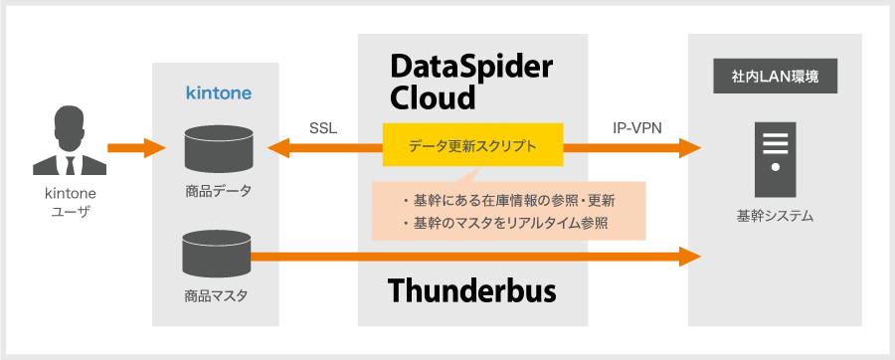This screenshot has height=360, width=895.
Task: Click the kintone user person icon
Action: (x=70, y=140)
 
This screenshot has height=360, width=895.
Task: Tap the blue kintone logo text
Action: (x=219, y=92)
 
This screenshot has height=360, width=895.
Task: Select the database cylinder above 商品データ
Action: (x=219, y=148)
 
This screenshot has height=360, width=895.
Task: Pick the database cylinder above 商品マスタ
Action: (x=218, y=254)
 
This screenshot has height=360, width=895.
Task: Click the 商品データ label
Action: (x=218, y=191)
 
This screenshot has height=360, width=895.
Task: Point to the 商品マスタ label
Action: (x=216, y=296)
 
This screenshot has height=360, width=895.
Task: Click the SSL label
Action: (x=323, y=128)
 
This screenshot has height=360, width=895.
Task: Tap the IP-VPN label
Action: (x=637, y=128)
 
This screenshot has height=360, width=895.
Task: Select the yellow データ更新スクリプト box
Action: (x=472, y=145)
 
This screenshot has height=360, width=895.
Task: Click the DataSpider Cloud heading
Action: (x=471, y=83)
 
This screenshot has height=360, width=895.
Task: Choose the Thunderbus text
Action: (x=472, y=291)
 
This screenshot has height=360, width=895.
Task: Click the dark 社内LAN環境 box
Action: (x=775, y=76)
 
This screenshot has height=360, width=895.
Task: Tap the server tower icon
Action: (x=775, y=160)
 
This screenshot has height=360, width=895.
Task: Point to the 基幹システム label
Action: (x=775, y=216)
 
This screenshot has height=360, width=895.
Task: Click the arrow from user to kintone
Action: (x=136, y=148)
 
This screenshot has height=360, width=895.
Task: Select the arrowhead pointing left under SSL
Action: (x=279, y=148)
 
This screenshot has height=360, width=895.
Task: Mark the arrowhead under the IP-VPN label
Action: (x=689, y=148)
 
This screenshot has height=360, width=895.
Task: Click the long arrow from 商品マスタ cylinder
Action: (x=476, y=257)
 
